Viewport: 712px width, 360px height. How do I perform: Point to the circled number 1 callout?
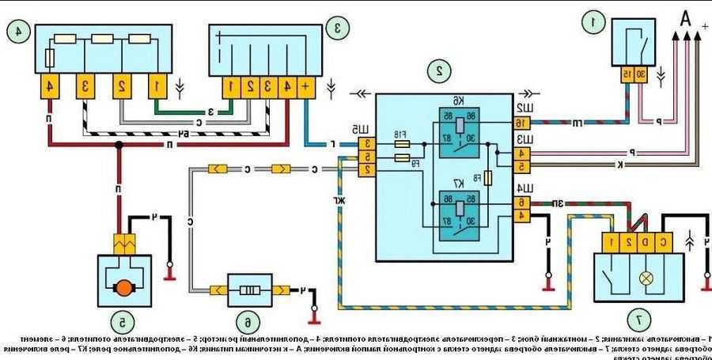point(589,23)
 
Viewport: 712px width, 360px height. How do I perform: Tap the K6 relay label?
point(458,100)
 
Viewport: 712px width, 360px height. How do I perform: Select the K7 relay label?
point(458,184)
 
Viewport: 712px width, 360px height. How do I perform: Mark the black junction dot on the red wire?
point(119,146)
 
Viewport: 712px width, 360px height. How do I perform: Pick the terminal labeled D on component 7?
point(646,240)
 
